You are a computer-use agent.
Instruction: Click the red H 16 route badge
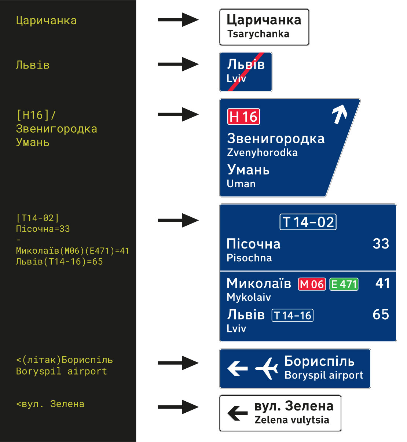pyautogui.click(x=243, y=117)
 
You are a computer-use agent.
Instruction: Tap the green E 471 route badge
pyautogui.click(x=344, y=284)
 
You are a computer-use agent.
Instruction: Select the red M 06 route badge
pyautogui.click(x=312, y=284)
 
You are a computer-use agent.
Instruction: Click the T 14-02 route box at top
pyautogui.click(x=308, y=222)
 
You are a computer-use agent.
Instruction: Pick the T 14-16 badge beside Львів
pyautogui.click(x=292, y=315)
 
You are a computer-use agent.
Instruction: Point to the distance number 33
pyautogui.click(x=381, y=244)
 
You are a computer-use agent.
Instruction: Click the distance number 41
pyautogui.click(x=382, y=283)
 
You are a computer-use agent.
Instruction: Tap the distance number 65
pyautogui.click(x=381, y=314)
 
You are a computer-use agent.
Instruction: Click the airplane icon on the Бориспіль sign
pyautogui.click(x=267, y=368)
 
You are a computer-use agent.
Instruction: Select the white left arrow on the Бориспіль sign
pyautogui.click(x=237, y=368)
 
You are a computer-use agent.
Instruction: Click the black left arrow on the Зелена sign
pyautogui.click(x=237, y=413)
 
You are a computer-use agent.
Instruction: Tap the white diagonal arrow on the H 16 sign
pyautogui.click(x=340, y=114)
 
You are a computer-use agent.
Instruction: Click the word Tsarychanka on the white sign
pyautogui.click(x=258, y=34)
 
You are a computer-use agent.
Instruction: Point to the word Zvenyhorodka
pyautogui.click(x=262, y=152)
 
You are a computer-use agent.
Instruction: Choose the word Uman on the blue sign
pyautogui.click(x=241, y=184)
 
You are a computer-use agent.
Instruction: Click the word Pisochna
pyautogui.click(x=249, y=258)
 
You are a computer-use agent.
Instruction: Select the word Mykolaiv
pyautogui.click(x=249, y=297)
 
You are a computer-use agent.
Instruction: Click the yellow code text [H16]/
pyautogui.click(x=36, y=115)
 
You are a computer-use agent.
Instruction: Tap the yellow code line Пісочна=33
pyautogui.click(x=43, y=229)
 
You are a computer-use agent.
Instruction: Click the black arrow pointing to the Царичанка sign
pyautogui.click(x=178, y=20)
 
